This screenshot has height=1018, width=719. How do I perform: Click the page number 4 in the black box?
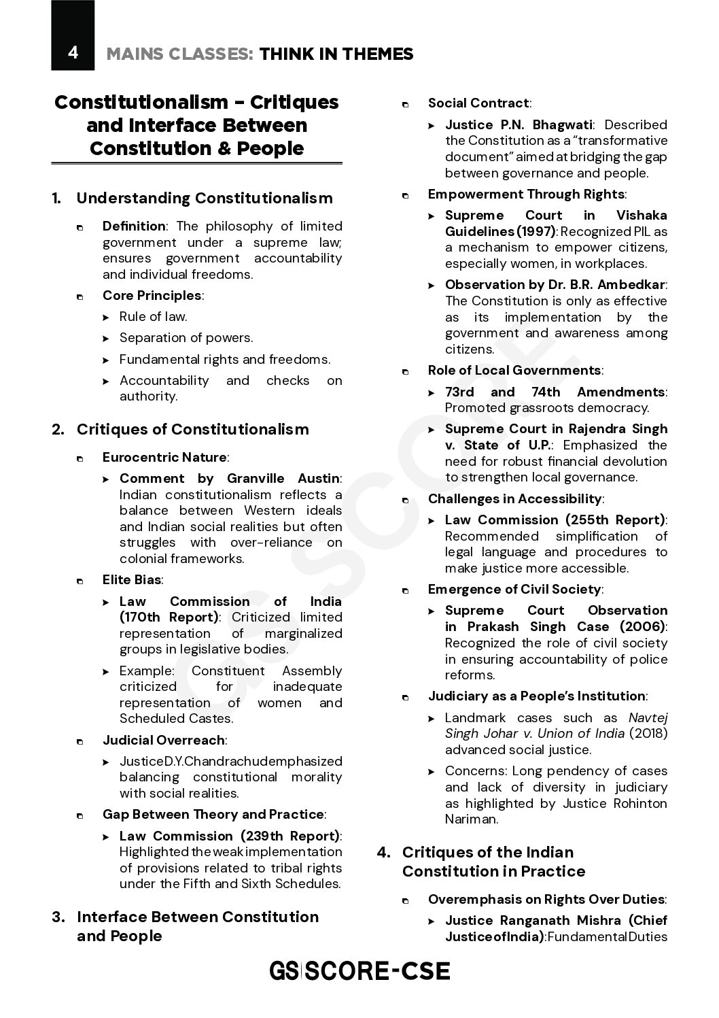[x=73, y=52]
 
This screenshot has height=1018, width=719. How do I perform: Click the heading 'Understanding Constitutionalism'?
[x=205, y=199]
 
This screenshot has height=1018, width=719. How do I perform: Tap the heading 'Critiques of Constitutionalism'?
[x=192, y=430]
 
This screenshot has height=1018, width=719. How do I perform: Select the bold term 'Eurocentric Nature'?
[x=164, y=457]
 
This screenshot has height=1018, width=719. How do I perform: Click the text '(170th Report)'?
[x=169, y=617]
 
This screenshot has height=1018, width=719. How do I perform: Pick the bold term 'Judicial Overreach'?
[x=163, y=740]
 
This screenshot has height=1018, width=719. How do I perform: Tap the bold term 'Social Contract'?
[x=478, y=103]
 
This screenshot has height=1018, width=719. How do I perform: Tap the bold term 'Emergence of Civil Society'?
[x=514, y=589]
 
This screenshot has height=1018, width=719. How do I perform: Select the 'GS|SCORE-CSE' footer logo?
[x=359, y=970]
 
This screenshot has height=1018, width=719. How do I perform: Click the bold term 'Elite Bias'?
[x=132, y=580]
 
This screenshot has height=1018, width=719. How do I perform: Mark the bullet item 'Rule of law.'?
[x=153, y=316]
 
